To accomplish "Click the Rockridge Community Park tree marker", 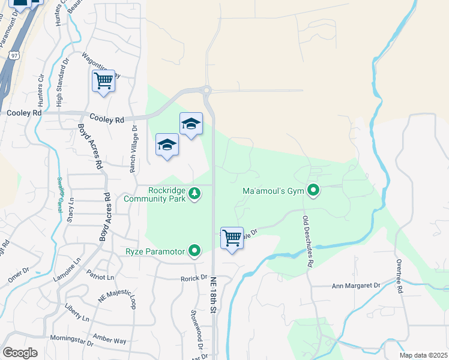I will (x=194, y=193).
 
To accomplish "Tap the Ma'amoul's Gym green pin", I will (x=313, y=191).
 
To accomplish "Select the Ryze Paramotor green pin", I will (x=194, y=251).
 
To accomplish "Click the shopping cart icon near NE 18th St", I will (x=232, y=238).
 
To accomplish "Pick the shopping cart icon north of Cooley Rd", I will (x=104, y=81).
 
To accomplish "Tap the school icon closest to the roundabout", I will (x=191, y=124).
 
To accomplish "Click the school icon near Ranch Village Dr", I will (x=167, y=145).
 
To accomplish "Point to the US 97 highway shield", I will (x=15, y=55).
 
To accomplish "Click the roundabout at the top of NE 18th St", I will (x=206, y=91).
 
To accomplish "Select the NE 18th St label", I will (x=213, y=295).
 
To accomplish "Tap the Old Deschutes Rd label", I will (x=308, y=242).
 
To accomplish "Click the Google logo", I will (x=20, y=352).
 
